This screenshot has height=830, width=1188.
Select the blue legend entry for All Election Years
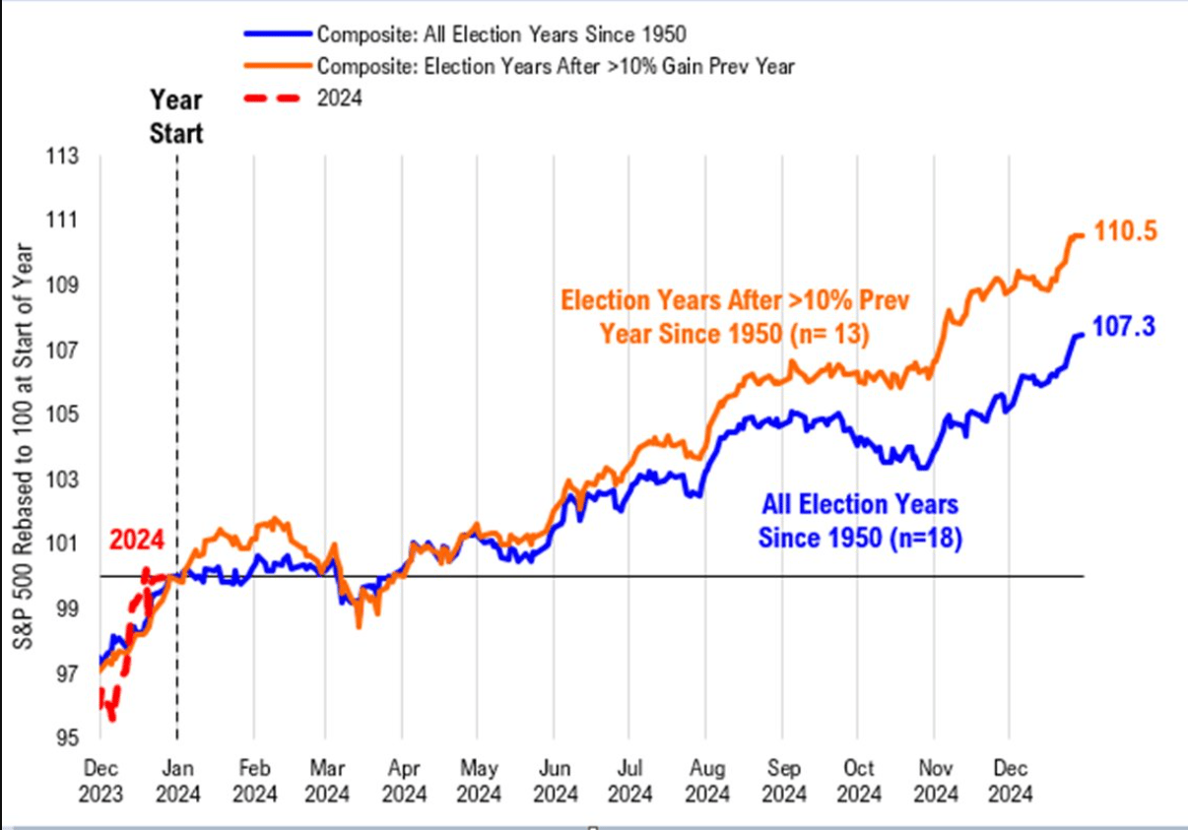(500, 34)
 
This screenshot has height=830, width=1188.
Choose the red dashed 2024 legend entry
(339, 98)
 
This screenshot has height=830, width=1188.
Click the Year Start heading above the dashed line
(176, 116)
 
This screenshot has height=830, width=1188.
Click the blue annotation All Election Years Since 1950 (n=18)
(859, 522)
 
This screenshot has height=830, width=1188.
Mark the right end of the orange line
(1083, 234)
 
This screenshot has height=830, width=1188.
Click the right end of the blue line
(1083, 335)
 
